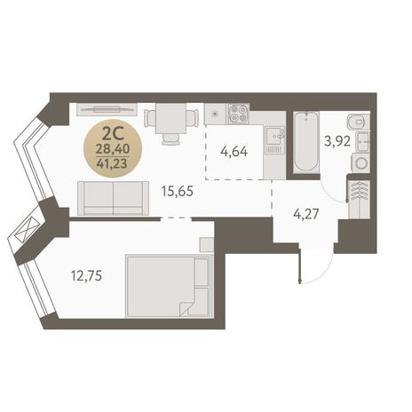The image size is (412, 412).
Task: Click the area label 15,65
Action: pyautogui.click(x=178, y=191)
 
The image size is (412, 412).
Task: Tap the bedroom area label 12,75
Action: pyautogui.click(x=86, y=276)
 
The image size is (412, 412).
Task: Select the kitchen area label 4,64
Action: pyautogui.click(x=234, y=152)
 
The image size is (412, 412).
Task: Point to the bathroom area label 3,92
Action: pyautogui.click(x=337, y=141)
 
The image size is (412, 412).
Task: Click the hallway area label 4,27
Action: pyautogui.click(x=306, y=214)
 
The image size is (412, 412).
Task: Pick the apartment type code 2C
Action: pyautogui.click(x=112, y=135)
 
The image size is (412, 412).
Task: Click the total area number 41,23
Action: pyautogui.click(x=112, y=163)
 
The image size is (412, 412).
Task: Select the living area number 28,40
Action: pyautogui.click(x=112, y=149)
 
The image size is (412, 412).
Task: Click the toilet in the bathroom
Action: pyautogui.click(x=359, y=122)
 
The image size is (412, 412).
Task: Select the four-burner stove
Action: pyautogui.click(x=239, y=114)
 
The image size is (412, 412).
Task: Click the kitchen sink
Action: pyautogui.click(x=275, y=136)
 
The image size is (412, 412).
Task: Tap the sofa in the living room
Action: pyautogui.click(x=114, y=198)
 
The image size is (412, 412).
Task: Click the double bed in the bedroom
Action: pyautogui.click(x=169, y=287)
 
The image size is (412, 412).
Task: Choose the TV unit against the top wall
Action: pyautogui.click(x=107, y=109)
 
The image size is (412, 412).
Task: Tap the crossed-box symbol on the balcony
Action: pyautogui.click(x=27, y=230)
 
